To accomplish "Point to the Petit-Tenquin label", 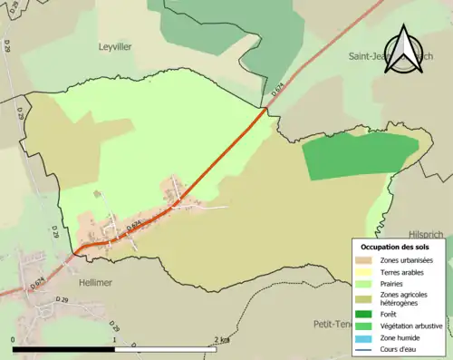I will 332,324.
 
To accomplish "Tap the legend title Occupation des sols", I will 394,247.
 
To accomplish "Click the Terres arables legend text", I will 403,271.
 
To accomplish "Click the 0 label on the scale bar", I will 13,339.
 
